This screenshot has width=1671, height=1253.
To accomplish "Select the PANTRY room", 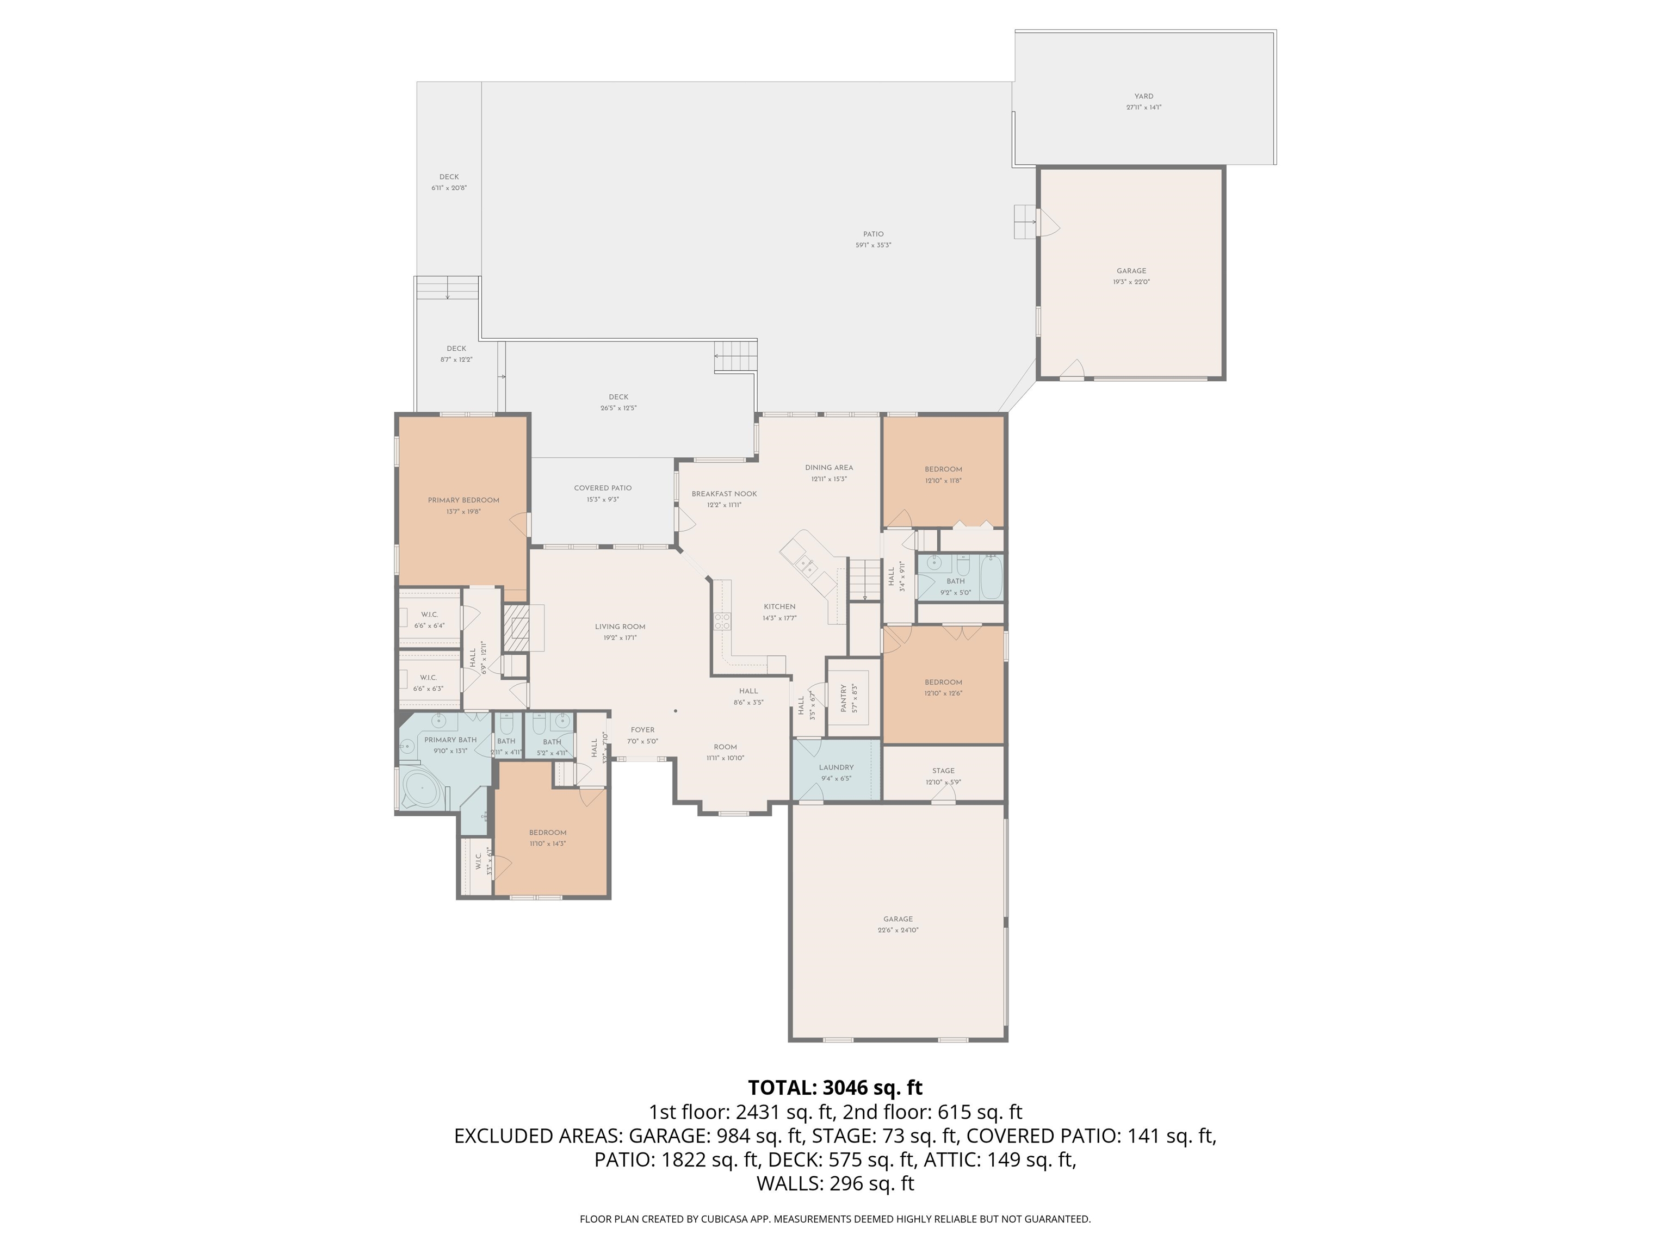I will [x=853, y=698].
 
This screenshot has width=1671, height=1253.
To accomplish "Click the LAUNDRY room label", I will [x=835, y=767].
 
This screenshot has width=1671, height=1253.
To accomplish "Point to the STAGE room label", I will [x=943, y=771].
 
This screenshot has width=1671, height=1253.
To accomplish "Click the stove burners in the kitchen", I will [x=722, y=622].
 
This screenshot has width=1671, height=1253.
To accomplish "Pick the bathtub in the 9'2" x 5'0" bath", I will [x=991, y=576].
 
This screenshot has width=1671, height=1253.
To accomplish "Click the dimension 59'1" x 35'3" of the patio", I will [x=873, y=245].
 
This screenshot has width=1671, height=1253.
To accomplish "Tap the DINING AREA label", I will [x=829, y=468].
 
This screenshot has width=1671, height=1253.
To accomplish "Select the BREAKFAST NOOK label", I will [x=723, y=494].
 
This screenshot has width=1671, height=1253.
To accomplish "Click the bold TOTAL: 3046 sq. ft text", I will [x=835, y=1088].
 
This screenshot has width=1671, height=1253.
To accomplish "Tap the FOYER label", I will [x=642, y=730].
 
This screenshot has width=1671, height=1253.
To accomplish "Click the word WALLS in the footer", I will [x=789, y=1183].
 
